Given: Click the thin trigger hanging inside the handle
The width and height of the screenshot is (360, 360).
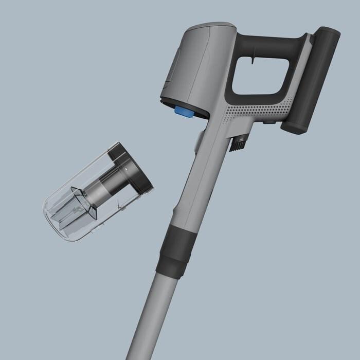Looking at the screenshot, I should coord(251,62).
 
